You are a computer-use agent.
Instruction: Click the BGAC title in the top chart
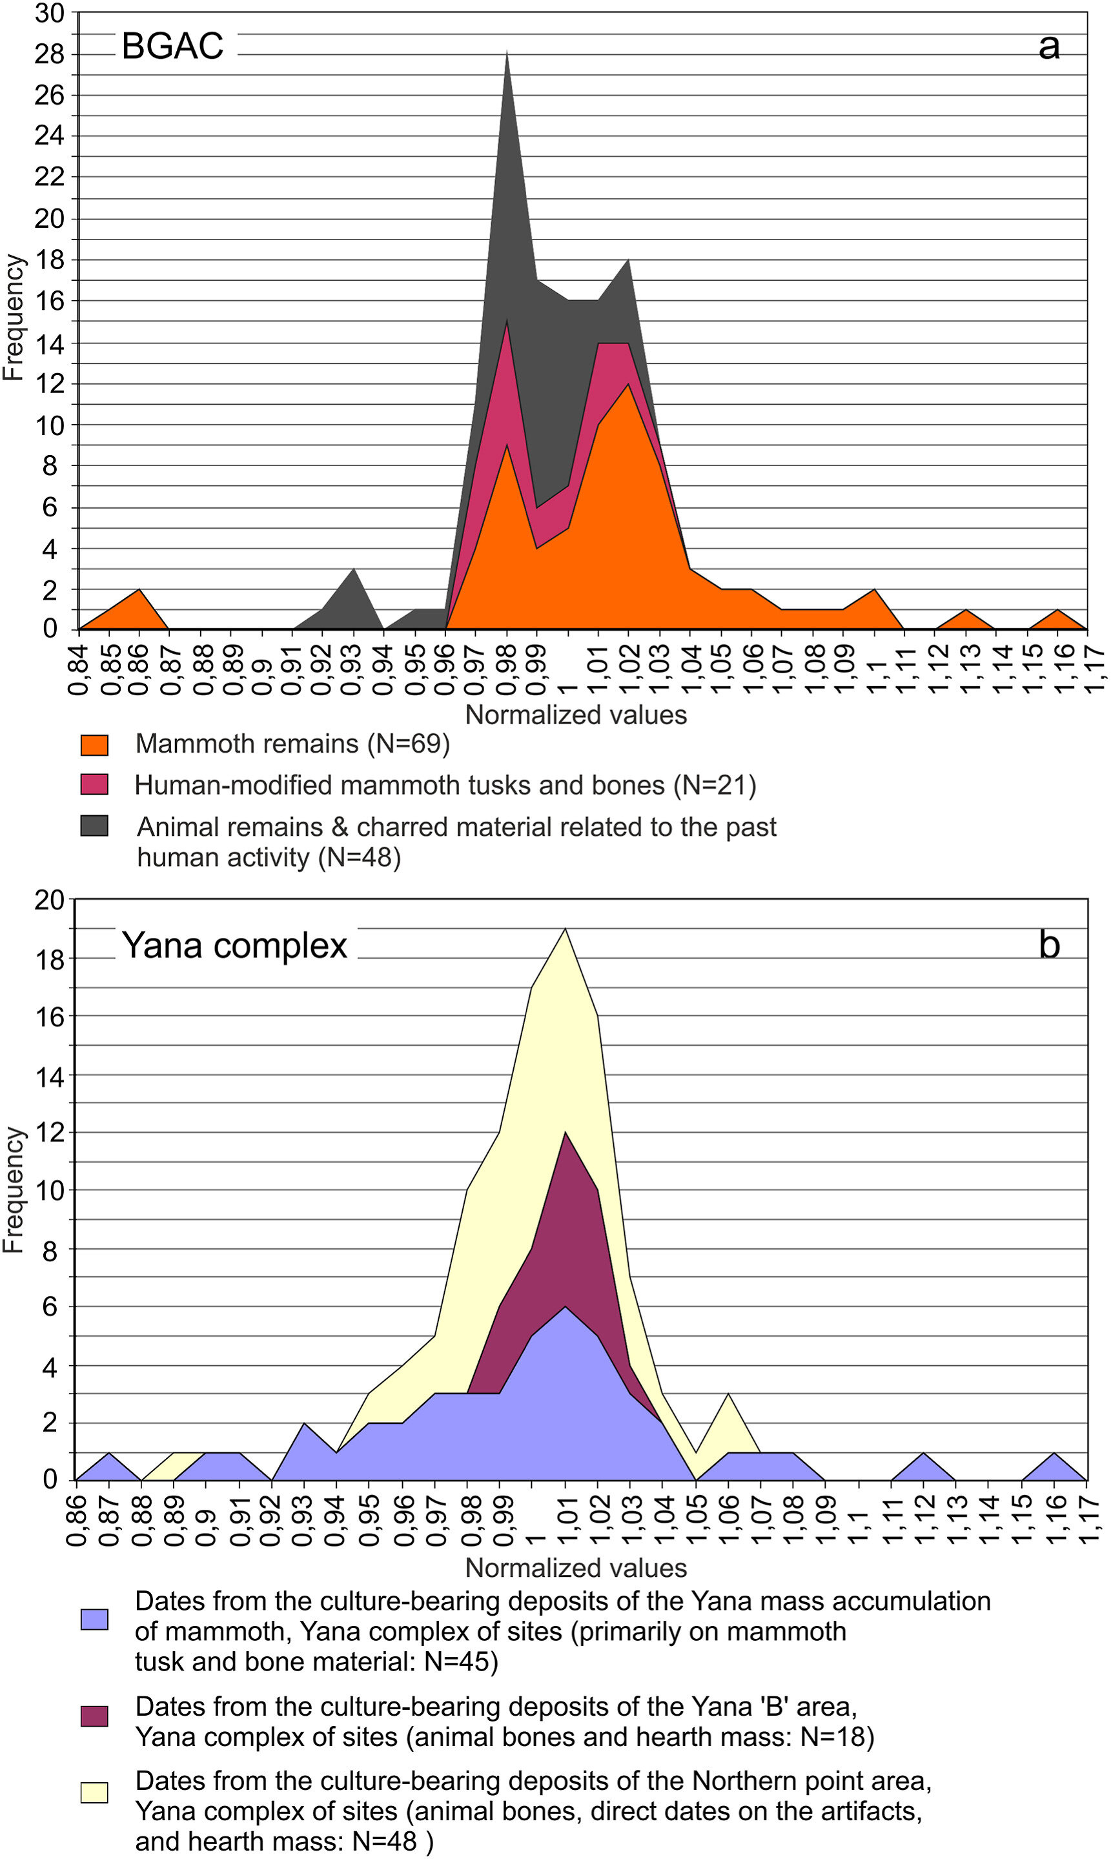pyautogui.click(x=172, y=46)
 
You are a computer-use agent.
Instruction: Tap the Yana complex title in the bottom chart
pyautogui.click(x=234, y=945)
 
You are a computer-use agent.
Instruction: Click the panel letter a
pyautogui.click(x=1049, y=46)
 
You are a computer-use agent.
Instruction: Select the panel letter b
pyautogui.click(x=1049, y=945)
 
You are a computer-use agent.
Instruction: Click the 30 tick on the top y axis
pyautogui.click(x=50, y=14)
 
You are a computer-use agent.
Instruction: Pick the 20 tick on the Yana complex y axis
pyautogui.click(x=50, y=900)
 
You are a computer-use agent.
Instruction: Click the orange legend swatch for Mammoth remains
pyautogui.click(x=94, y=745)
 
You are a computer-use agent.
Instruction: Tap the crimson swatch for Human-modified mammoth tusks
pyautogui.click(x=94, y=784)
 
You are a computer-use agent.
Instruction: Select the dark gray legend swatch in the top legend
pyautogui.click(x=94, y=826)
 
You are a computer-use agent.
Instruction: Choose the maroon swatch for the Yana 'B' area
pyautogui.click(x=94, y=1716)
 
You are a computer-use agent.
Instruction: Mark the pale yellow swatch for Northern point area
pyautogui.click(x=94, y=1793)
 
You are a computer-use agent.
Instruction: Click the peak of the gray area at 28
pyautogui.click(x=507, y=52)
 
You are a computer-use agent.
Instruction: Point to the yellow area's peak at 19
pyautogui.click(x=566, y=929)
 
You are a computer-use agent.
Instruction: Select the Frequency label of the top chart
pyautogui.click(x=14, y=318)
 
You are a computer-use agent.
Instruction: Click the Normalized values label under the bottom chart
pyautogui.click(x=576, y=1568)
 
